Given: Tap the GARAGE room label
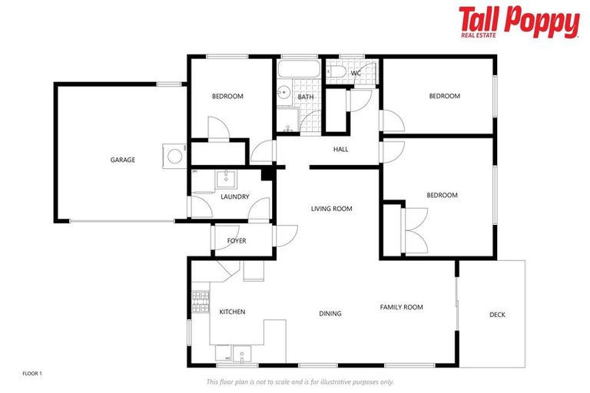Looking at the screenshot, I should point(122,160).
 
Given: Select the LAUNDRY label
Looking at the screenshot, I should point(234,196).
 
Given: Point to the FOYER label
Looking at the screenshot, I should point(237,241).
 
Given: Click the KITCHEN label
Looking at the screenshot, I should point(232,312).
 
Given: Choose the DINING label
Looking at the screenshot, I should point(330,313).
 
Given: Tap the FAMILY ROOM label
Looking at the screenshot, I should point(401,307).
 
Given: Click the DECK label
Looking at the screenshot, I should point(497,315).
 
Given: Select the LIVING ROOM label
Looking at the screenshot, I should point(331,208).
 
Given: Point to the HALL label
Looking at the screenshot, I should point(340,149).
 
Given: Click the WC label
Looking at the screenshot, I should point(356,73).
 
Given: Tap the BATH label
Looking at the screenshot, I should point(306,97).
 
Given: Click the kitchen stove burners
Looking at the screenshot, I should point(201,302).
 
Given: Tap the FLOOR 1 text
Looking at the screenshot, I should point(32,373).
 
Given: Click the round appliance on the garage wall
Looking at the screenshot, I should point(175,154).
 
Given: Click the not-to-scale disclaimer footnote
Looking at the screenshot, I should point(300,381).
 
